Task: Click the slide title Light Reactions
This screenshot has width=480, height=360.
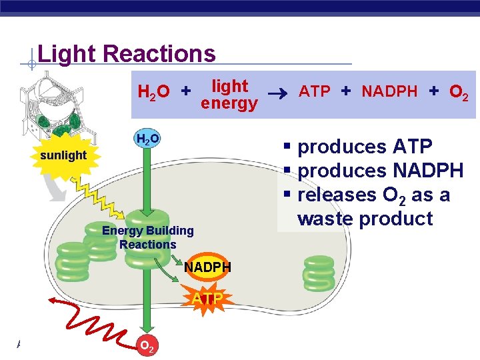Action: pyautogui.click(x=127, y=54)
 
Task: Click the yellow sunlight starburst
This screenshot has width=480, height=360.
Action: pyautogui.click(x=63, y=155)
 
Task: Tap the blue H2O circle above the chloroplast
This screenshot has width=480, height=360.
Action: pyautogui.click(x=147, y=139)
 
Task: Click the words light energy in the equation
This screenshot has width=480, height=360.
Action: pyautogui.click(x=229, y=95)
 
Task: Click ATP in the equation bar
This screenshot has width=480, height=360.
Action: pyautogui.click(x=315, y=91)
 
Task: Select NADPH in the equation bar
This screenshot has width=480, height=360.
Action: pyautogui.click(x=389, y=91)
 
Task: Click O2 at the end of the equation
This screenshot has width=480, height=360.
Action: pyautogui.click(x=458, y=92)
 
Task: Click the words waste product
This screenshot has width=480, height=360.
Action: pyautogui.click(x=365, y=219)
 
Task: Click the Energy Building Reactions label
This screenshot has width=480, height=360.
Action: pyautogui.click(x=147, y=237)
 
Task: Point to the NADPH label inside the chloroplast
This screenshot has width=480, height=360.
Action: pyautogui.click(x=207, y=267)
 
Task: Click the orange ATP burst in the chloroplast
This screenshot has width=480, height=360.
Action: pyautogui.click(x=208, y=299)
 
